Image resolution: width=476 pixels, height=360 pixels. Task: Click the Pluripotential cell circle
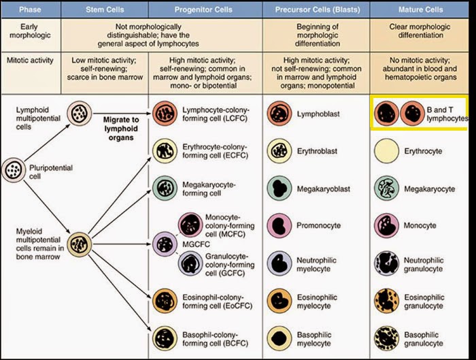tap(14, 170)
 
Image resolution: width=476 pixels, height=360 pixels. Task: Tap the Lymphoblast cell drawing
tap(279, 114)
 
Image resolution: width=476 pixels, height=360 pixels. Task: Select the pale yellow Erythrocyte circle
tap(386, 151)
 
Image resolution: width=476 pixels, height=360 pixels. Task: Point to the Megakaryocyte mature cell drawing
tap(386, 189)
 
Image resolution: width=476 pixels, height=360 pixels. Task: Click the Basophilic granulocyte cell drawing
tap(386, 338)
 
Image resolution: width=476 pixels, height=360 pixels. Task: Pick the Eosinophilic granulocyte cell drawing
tap(386, 301)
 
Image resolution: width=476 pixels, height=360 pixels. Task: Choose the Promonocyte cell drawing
tap(279, 226)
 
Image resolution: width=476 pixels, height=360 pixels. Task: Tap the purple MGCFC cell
tap(165, 244)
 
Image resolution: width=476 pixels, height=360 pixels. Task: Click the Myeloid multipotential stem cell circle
tap(80, 244)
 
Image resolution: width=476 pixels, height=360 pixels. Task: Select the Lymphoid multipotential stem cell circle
tap(80, 114)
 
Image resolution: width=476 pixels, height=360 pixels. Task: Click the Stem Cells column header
tap(105, 10)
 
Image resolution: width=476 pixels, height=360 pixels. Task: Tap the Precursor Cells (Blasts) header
tap(318, 10)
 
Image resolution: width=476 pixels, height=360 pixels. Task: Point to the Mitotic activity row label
tap(30, 60)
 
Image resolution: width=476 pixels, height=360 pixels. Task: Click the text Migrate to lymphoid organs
tap(121, 129)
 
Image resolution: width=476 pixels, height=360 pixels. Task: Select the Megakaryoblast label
tap(323, 189)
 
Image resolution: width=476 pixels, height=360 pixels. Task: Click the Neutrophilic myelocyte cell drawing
tap(279, 263)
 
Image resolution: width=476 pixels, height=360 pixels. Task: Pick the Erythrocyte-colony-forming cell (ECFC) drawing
tap(165, 151)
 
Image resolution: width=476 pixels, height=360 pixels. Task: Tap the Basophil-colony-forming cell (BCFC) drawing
tap(165, 338)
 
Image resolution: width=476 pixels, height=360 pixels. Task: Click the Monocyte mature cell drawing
tap(386, 226)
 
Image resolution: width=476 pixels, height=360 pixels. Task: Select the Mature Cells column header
tap(420, 10)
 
